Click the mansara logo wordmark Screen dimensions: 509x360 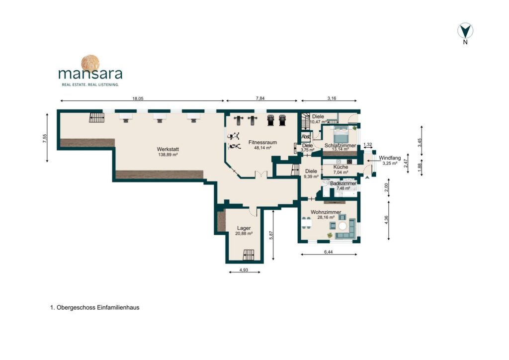pyautogui.click(x=90, y=74)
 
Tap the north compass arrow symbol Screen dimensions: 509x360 pyautogui.click(x=465, y=31)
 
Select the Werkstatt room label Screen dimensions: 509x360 pyautogui.click(x=168, y=149)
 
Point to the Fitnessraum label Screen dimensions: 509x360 pyautogui.click(x=262, y=142)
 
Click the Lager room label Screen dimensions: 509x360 pyautogui.click(x=244, y=228)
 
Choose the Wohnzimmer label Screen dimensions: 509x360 pyautogui.click(x=326, y=212)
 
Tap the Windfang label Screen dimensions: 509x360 pyautogui.click(x=390, y=158)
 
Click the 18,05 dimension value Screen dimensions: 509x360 pyautogui.click(x=138, y=98)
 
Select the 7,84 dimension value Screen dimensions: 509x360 pyautogui.click(x=260, y=98)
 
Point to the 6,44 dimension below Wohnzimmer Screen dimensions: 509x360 pyautogui.click(x=328, y=252)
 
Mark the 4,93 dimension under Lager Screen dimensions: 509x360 pyautogui.click(x=244, y=270)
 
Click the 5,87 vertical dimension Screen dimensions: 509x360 pyautogui.click(x=271, y=235)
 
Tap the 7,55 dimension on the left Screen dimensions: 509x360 pyautogui.click(x=45, y=138)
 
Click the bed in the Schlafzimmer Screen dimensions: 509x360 pyautogui.click(x=340, y=134)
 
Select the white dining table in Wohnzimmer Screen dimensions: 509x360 pyautogui.click(x=306, y=223)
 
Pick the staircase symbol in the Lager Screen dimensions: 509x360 pyautogui.click(x=249, y=255)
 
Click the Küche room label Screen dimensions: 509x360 pyautogui.click(x=340, y=167)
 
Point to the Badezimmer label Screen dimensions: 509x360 pyautogui.click(x=343, y=183)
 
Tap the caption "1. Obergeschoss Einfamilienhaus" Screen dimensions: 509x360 pyautogui.click(x=95, y=307)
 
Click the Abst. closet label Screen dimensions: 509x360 pyautogui.click(x=306, y=137)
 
